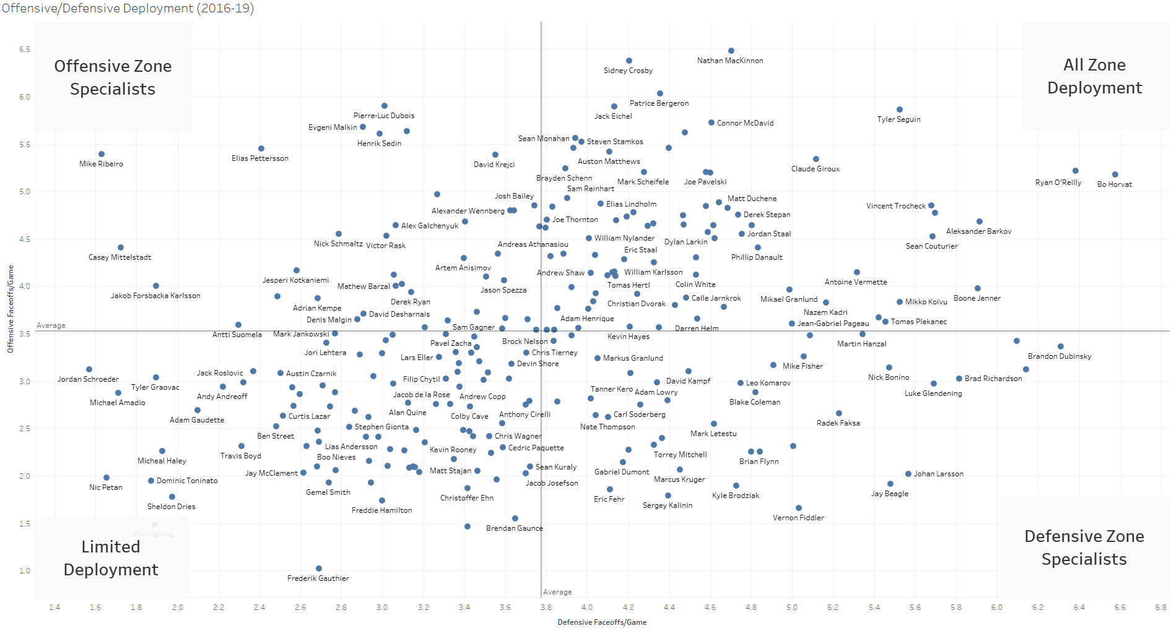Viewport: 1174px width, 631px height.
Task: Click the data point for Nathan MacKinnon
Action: [x=731, y=51]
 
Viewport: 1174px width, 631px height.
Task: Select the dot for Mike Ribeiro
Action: [x=102, y=154]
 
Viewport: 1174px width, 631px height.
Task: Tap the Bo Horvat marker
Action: [x=1115, y=174]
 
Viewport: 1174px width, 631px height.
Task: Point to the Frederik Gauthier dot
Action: [x=319, y=569]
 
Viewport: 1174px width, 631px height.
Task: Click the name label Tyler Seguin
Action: [x=898, y=119]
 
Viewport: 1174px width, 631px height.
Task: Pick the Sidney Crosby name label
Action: [x=628, y=71]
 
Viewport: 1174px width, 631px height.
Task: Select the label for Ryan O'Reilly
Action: [x=1058, y=182]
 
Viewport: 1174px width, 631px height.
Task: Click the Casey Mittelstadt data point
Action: [x=121, y=247]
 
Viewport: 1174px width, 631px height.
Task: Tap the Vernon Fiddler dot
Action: [x=799, y=508]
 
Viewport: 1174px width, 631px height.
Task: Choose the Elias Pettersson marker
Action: [x=261, y=148]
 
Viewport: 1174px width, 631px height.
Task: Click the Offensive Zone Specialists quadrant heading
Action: [x=113, y=77]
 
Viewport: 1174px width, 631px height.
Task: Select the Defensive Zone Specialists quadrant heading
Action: [x=1084, y=547]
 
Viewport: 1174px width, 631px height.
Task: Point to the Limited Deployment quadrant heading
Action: [x=111, y=558]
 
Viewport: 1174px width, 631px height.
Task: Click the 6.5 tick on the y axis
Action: [x=24, y=49]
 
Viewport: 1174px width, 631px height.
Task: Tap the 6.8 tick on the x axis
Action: [x=1160, y=607]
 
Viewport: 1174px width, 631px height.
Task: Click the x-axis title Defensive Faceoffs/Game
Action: [x=602, y=622]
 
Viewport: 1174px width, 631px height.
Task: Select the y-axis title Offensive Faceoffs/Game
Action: [x=10, y=309]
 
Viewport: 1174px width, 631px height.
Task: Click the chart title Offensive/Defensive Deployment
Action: [x=128, y=9]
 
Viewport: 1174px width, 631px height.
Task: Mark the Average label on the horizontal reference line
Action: [x=51, y=325]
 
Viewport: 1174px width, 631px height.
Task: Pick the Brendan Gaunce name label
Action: [x=514, y=528]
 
